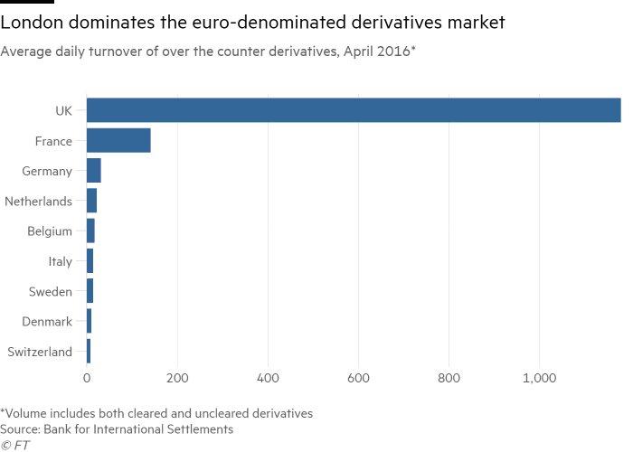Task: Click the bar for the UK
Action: [353, 110]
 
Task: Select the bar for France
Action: [118, 141]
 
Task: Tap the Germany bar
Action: [93, 171]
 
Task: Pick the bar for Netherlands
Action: [91, 201]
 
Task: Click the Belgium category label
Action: [50, 231]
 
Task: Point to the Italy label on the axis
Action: [60, 261]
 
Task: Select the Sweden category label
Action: [51, 292]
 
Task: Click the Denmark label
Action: [47, 322]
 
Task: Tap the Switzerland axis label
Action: [40, 352]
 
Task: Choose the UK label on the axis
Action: [63, 110]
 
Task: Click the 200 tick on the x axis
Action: [177, 378]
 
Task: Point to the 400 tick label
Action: [268, 378]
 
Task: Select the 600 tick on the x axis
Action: [359, 378]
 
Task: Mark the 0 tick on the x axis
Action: [87, 378]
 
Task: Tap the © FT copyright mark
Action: [15, 445]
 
